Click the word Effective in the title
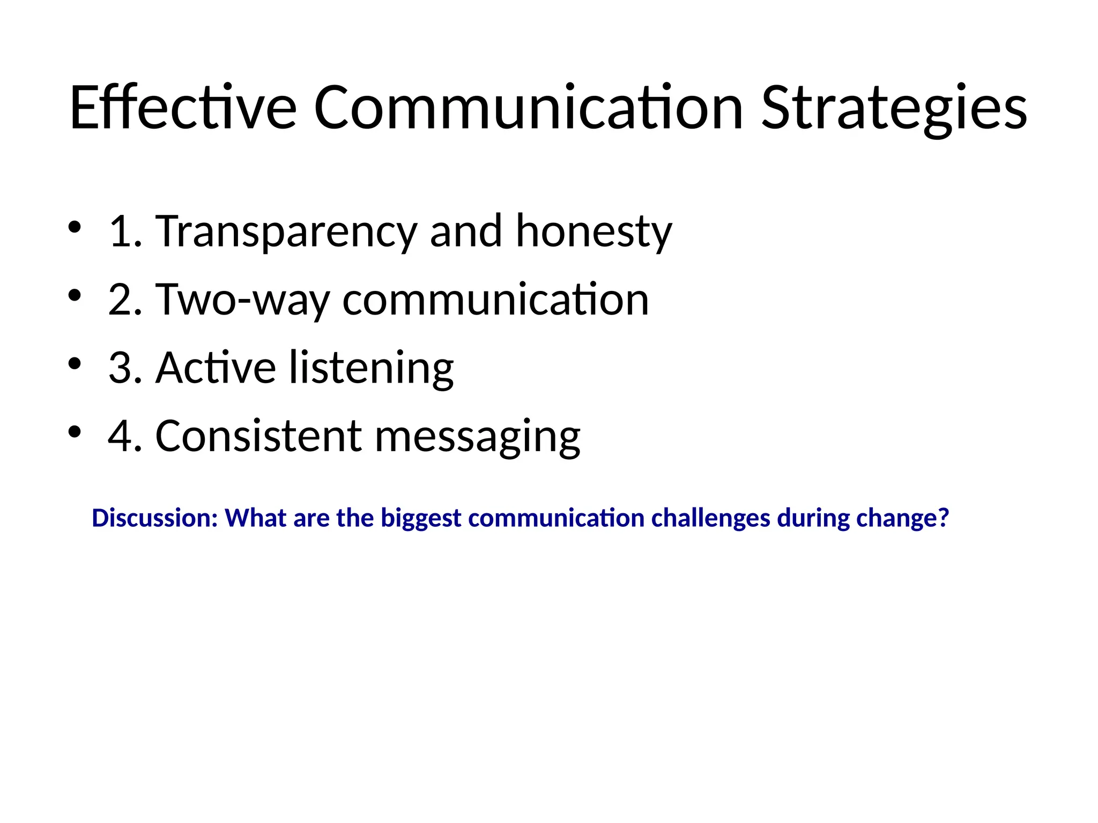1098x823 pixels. tap(183, 107)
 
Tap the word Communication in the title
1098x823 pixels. tap(528, 107)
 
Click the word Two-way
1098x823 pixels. tap(242, 300)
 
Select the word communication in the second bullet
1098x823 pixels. tap(495, 300)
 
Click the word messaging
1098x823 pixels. tap(477, 436)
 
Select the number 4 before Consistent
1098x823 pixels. tap(120, 436)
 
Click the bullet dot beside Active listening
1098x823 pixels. tap(75, 364)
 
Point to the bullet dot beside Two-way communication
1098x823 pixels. tap(75, 295)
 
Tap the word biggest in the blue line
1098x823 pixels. tap(421, 518)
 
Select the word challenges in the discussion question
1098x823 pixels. tap(710, 518)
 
